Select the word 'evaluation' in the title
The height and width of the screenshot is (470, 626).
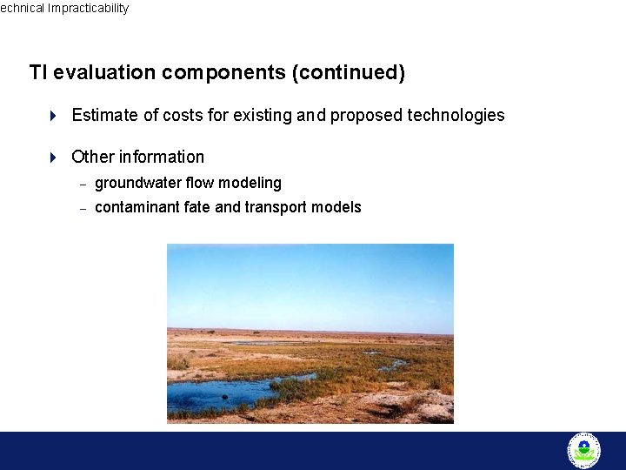click(104, 72)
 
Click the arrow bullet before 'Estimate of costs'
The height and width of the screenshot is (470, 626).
click(53, 115)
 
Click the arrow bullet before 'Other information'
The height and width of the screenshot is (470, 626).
click(53, 158)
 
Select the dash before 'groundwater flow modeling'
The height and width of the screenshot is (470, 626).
click(83, 184)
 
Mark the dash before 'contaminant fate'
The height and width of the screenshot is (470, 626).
click(83, 208)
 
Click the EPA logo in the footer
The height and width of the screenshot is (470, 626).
click(583, 450)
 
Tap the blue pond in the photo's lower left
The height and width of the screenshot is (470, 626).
click(217, 394)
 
